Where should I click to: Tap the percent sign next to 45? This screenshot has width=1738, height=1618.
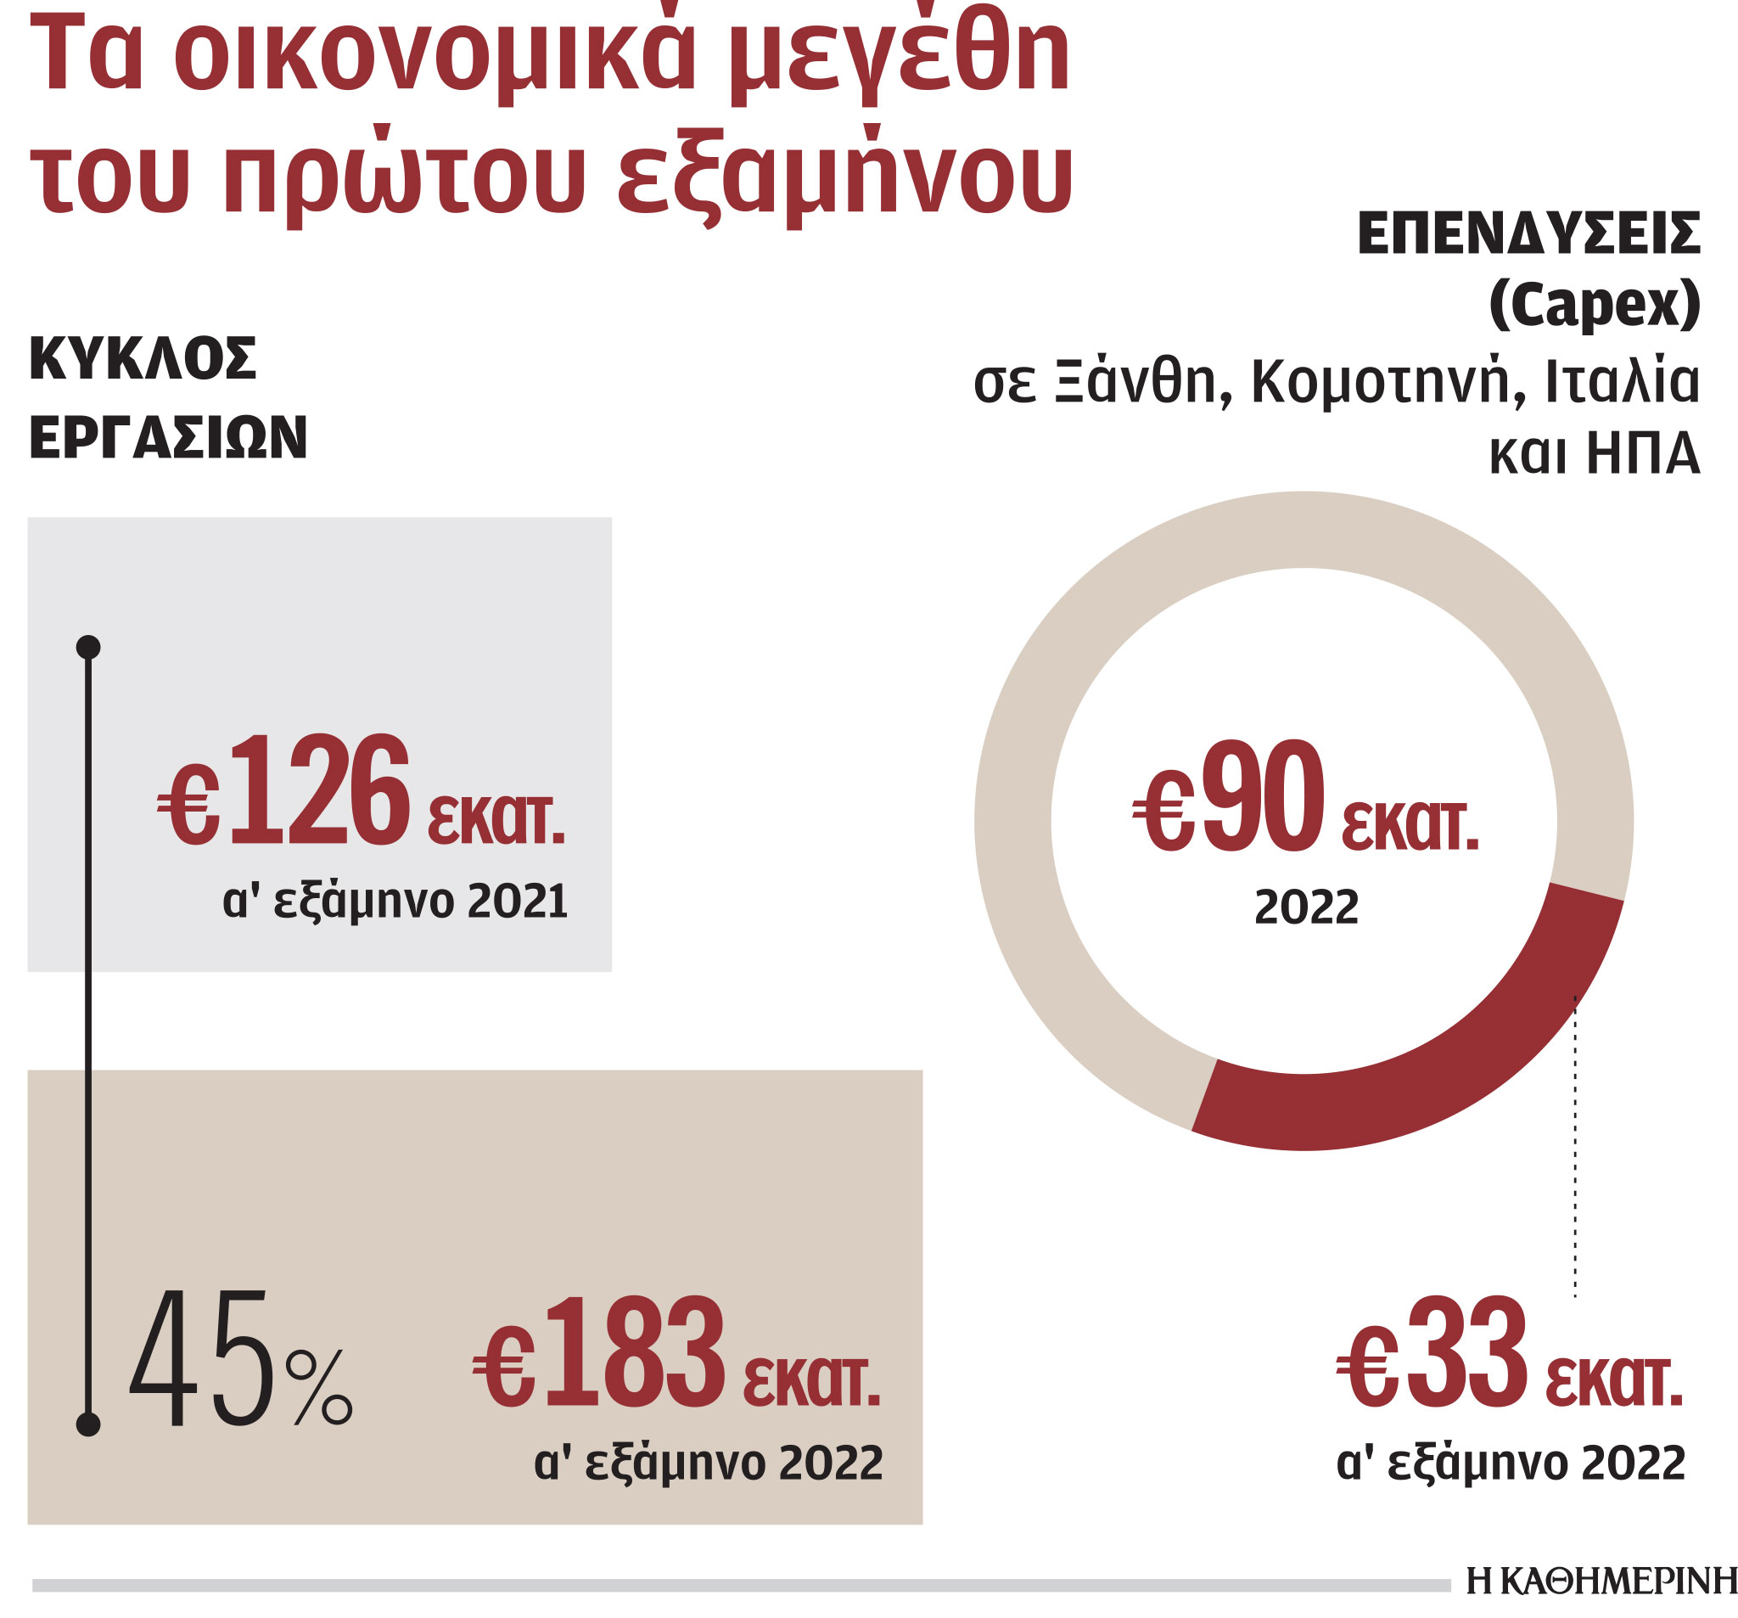tap(320, 1388)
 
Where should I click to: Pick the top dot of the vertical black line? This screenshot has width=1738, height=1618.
tap(88, 647)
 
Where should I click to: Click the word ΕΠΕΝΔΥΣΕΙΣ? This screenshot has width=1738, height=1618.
tap(1528, 234)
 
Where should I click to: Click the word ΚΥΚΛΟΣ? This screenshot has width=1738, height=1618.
tap(143, 357)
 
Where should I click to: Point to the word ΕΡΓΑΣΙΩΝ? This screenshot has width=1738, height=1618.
tap(168, 436)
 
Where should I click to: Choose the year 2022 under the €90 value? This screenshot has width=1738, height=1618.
tap(1306, 907)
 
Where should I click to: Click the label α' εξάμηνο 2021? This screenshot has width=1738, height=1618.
tap(395, 901)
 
